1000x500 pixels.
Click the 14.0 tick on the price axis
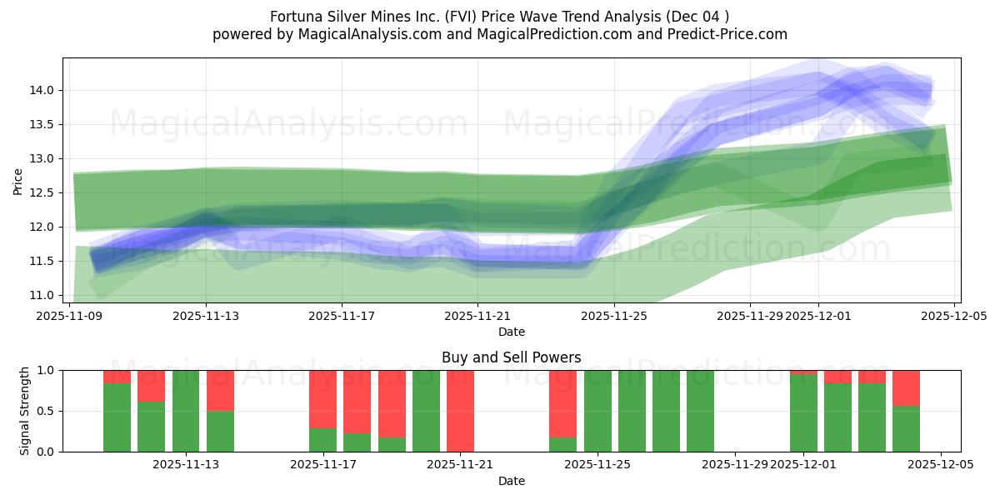click(45, 90)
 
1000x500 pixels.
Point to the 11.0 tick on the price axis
click(45, 295)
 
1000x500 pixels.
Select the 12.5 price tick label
click(45, 192)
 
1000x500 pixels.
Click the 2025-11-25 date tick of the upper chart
click(614, 317)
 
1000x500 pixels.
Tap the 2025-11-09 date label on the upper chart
click(70, 317)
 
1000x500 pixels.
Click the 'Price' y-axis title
click(18, 181)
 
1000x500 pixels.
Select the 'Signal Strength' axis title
click(25, 411)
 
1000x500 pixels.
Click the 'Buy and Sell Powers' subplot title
click(511, 357)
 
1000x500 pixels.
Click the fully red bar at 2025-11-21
click(460, 411)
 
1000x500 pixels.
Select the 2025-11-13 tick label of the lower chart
click(186, 465)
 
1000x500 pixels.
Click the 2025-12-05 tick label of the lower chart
click(940, 465)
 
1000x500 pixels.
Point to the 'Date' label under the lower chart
click(511, 481)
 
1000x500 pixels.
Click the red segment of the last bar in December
click(906, 387)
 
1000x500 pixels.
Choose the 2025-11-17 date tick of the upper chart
click(342, 317)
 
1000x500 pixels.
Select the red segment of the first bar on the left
click(117, 377)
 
